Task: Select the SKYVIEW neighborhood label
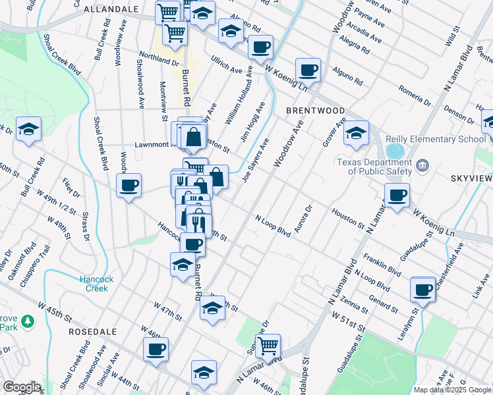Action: pyautogui.click(x=470, y=178)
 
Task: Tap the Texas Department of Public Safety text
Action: pyautogui.click(x=374, y=167)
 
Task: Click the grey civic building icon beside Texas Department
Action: pyautogui.click(x=422, y=165)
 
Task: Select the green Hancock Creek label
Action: pyautogui.click(x=98, y=284)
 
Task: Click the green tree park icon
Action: pyautogui.click(x=27, y=321)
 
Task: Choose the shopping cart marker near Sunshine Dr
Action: pyautogui.click(x=268, y=345)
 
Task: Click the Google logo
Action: pyautogui.click(x=21, y=387)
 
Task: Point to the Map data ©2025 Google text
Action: pyautogui.click(x=451, y=390)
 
